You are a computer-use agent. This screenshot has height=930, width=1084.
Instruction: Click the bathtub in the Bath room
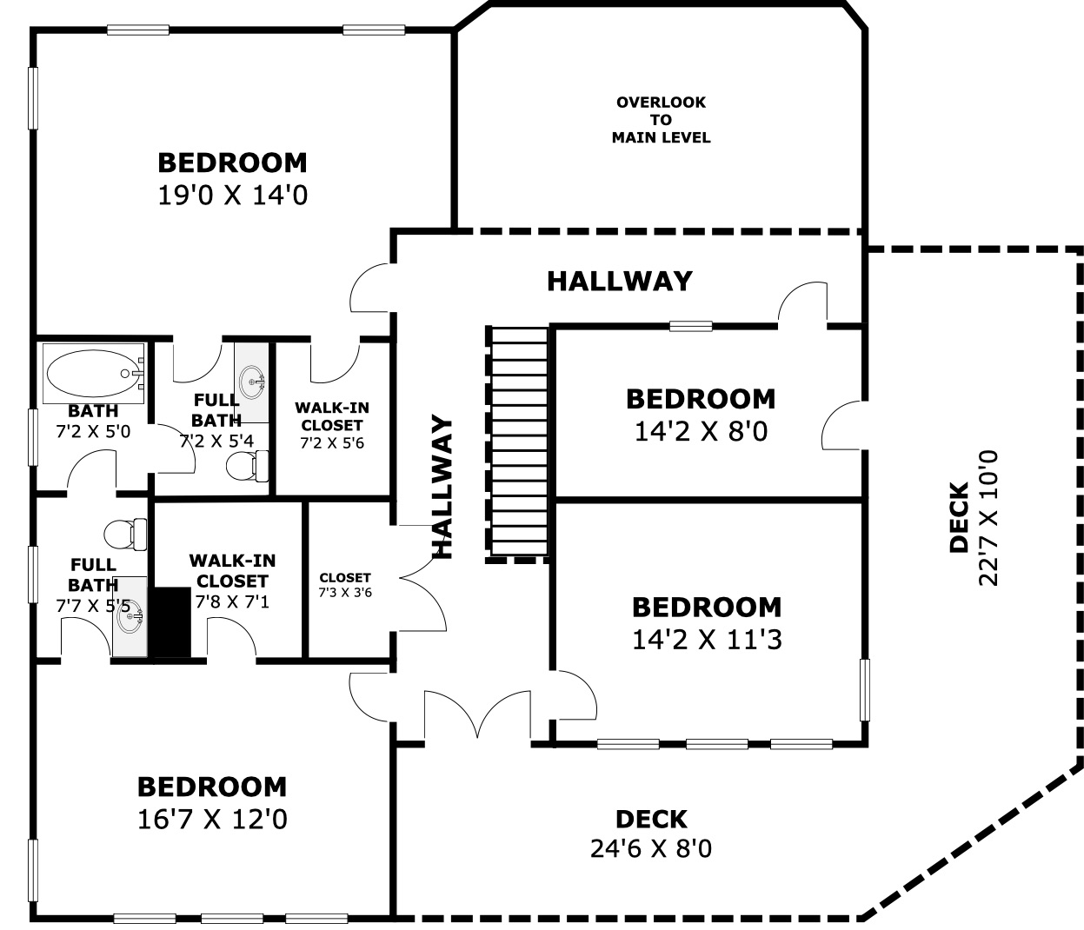[93, 373]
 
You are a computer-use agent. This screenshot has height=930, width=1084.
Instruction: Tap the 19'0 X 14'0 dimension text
[233, 196]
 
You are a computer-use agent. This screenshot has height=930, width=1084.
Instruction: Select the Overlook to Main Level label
[661, 120]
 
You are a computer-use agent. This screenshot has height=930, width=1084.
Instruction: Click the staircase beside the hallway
[519, 443]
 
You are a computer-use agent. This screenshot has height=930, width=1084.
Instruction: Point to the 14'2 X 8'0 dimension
[702, 432]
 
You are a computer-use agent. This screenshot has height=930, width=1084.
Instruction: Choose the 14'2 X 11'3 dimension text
[707, 640]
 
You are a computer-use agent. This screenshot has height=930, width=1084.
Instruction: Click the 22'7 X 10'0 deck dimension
[988, 517]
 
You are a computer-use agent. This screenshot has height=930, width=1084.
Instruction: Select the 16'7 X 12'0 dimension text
[212, 820]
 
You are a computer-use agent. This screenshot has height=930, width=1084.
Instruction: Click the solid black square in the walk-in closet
[172, 621]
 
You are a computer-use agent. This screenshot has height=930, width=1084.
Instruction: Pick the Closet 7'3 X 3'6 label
[345, 585]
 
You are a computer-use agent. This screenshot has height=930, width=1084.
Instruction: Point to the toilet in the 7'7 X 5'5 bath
[125, 535]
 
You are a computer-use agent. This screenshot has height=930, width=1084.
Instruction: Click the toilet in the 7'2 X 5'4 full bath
[248, 466]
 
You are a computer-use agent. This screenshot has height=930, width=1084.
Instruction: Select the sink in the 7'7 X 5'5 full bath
[130, 616]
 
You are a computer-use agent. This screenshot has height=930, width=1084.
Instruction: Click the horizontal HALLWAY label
[620, 281]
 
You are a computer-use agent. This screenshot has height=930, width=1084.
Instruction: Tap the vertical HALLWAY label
[442, 487]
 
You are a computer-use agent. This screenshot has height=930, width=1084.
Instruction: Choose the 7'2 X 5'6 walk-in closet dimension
[332, 443]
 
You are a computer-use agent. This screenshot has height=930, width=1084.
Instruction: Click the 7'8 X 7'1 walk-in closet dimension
[232, 601]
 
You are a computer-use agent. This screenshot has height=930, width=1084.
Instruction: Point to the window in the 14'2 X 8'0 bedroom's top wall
[691, 326]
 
